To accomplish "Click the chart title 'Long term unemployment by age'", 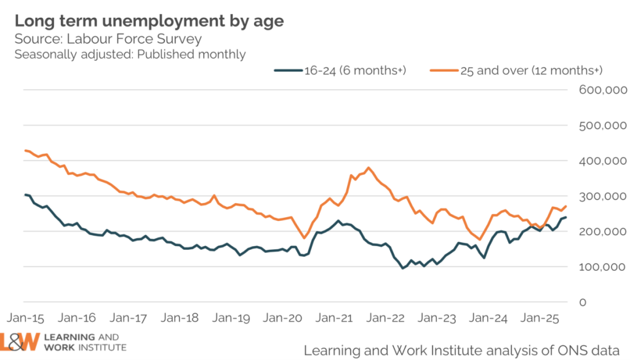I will pos(150,21).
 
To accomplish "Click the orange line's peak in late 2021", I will pos(369,167).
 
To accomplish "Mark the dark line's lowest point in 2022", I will pos(403,268).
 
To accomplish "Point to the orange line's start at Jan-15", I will pos(25,150).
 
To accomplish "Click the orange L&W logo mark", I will pos(20,342).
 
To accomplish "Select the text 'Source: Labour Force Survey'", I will pos(108,39).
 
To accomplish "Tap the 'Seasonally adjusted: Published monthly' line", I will pos(130,54).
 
